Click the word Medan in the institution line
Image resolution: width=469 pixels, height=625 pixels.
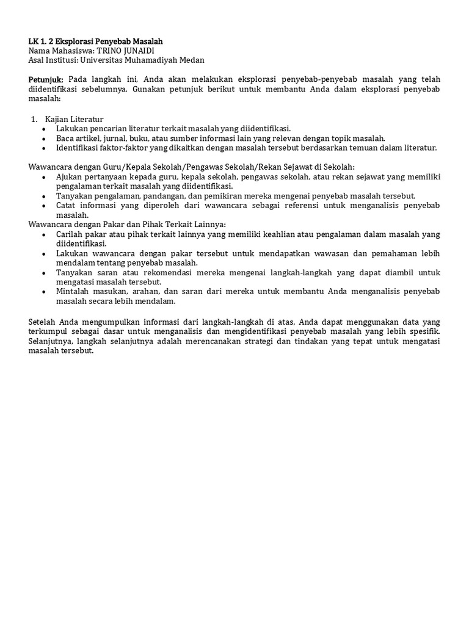192,60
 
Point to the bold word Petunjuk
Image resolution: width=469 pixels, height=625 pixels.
46,79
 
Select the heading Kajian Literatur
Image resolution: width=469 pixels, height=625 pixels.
74,119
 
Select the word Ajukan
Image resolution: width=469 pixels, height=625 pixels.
70,176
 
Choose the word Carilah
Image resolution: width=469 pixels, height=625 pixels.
70,234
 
